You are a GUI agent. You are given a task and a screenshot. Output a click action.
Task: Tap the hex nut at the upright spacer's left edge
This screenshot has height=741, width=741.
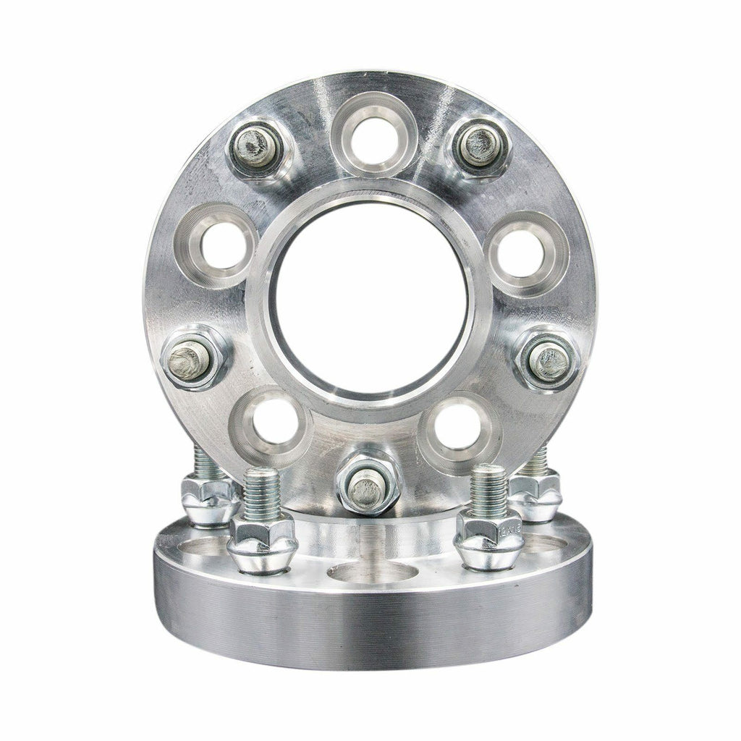point(190,358)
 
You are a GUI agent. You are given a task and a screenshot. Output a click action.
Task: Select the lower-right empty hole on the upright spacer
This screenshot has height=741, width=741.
point(459,425)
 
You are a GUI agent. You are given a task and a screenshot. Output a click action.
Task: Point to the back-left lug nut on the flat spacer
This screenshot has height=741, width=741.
point(208,499)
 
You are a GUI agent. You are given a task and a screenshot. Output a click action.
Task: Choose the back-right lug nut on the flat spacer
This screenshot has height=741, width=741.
point(535,496)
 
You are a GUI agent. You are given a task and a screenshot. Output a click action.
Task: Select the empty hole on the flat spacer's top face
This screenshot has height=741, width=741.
point(372,572)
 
